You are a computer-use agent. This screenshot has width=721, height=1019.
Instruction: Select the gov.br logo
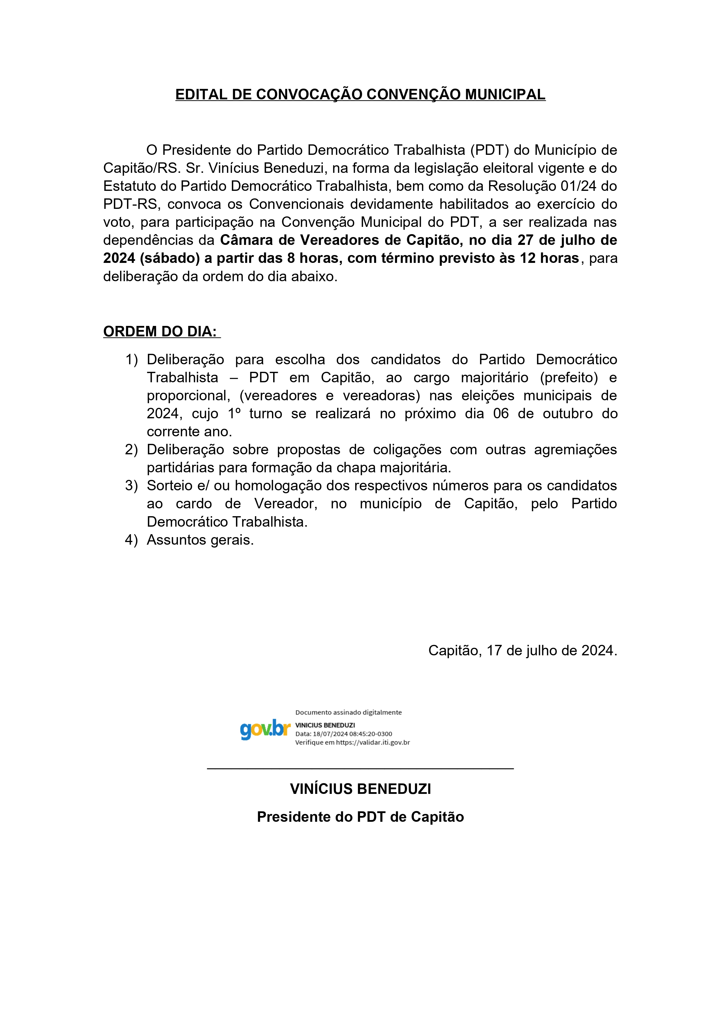265,729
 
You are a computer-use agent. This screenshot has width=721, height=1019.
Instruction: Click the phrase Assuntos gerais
200,540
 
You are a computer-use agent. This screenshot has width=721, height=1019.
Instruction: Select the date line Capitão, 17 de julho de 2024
523,651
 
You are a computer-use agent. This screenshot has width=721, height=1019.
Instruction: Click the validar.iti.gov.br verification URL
373,742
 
